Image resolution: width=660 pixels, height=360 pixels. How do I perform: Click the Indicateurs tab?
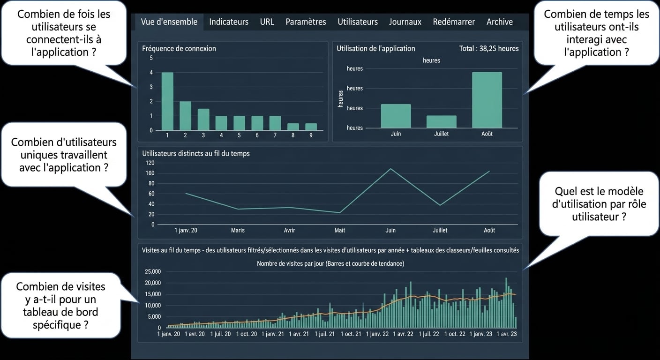point(229,22)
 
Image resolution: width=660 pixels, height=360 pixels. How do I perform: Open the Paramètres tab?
point(306,22)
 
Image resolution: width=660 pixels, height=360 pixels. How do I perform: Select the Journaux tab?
point(405,22)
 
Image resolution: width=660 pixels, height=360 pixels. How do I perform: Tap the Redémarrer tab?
point(454,22)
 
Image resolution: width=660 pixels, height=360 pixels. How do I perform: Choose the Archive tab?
point(499,22)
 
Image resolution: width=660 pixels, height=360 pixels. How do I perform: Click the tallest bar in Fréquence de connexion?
point(167,101)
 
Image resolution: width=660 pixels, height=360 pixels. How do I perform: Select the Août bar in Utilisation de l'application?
point(487,100)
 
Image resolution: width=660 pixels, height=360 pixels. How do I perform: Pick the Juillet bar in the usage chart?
point(442,122)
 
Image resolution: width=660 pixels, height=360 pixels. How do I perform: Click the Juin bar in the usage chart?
point(396,116)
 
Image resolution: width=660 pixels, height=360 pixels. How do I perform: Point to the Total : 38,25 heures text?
point(489,49)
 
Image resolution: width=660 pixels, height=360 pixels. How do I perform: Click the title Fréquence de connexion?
point(179,49)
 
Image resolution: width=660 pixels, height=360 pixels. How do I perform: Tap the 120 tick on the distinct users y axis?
point(150,163)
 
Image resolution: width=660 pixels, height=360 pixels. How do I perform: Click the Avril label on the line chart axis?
point(289,230)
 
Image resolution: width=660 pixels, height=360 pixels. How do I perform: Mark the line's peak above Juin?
point(390,168)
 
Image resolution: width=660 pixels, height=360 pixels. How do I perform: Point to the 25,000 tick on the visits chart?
point(153,271)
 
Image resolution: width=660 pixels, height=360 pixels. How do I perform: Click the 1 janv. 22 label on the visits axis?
point(377,334)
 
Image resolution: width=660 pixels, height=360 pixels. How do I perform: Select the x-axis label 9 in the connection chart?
point(311,135)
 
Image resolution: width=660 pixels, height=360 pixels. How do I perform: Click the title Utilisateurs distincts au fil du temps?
point(195,153)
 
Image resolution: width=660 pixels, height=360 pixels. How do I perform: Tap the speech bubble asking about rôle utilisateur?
point(599,204)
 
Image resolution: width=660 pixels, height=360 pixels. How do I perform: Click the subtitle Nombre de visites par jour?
point(330,263)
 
